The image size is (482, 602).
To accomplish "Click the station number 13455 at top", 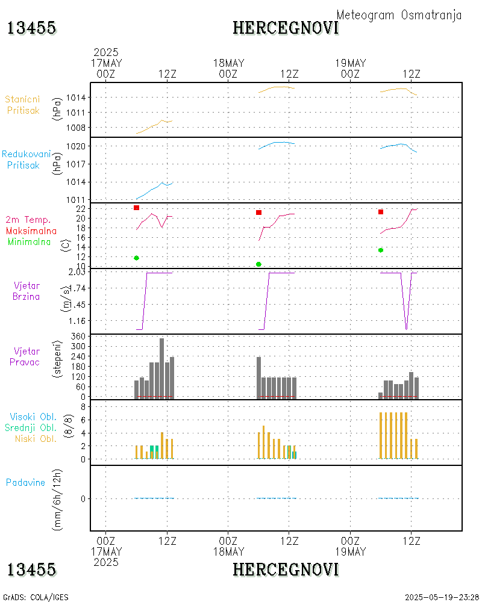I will coord(31,28).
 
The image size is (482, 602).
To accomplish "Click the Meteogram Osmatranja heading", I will coord(399,15).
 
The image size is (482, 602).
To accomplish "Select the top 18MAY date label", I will coord(228,63).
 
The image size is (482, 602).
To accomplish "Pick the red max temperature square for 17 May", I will coord(137,208).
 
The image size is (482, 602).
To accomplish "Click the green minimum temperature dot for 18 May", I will coord(258,264).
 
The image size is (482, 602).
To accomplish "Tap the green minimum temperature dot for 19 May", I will coord(381,250).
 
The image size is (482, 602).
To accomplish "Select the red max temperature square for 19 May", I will coord(381,212).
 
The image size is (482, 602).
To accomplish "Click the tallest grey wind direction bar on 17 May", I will coord(161,367).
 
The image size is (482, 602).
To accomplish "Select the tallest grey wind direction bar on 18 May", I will coord(258,377).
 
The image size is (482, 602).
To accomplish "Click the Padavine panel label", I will coord(25,483).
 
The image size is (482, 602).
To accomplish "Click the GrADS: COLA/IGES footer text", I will coord(36,597).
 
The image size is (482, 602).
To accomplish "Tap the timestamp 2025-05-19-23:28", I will coord(442,597).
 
